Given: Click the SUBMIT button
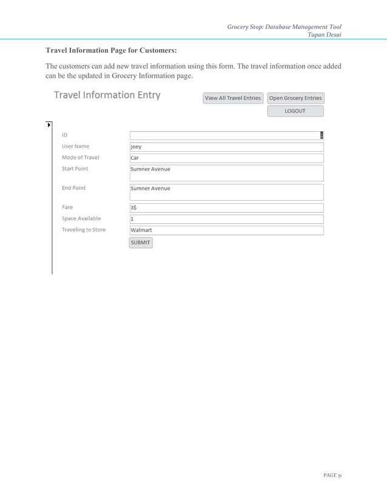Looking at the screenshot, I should pos(141,243).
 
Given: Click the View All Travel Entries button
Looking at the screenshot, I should pos(233,98).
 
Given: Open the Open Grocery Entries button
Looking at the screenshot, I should pos(295,98).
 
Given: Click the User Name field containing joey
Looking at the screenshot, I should pos(226,146).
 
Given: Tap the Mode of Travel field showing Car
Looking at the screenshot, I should pos(226,158).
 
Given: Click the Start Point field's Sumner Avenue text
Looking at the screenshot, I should pos(150,169).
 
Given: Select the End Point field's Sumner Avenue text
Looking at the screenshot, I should pos(150,189).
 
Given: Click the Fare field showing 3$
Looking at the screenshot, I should pos(226,207).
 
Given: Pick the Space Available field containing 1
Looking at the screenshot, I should pos(226,219).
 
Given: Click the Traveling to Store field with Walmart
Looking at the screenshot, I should pos(226,230).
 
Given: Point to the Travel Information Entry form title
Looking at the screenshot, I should pos(107,95).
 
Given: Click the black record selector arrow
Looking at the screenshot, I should pos(49,125).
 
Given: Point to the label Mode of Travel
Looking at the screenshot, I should pos(81,158).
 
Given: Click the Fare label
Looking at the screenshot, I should pos(67,207).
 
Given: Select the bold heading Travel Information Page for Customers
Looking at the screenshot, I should pos(111,50).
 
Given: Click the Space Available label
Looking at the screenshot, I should pos(81,218).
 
